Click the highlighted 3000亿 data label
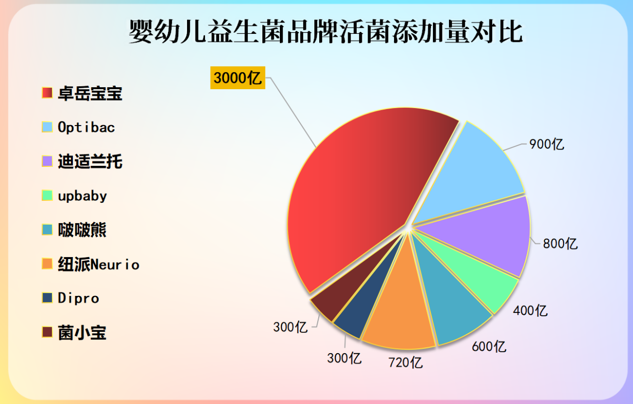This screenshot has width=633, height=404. point(237,78)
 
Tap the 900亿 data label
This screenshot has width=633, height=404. point(547,144)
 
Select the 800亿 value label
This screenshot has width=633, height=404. point(560,244)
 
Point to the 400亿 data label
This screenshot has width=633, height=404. point(530,311)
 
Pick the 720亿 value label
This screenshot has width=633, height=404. point(406,362)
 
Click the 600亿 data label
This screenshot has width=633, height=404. point(489,346)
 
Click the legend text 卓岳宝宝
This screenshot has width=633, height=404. point(90,93)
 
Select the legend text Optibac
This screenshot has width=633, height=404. point(86,128)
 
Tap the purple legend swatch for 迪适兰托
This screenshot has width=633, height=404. point(47,161)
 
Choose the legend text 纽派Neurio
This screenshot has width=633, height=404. point(98,265)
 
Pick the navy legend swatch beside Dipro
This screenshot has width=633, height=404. point(47,298)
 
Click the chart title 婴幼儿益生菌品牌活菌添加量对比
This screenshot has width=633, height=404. point(326,33)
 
